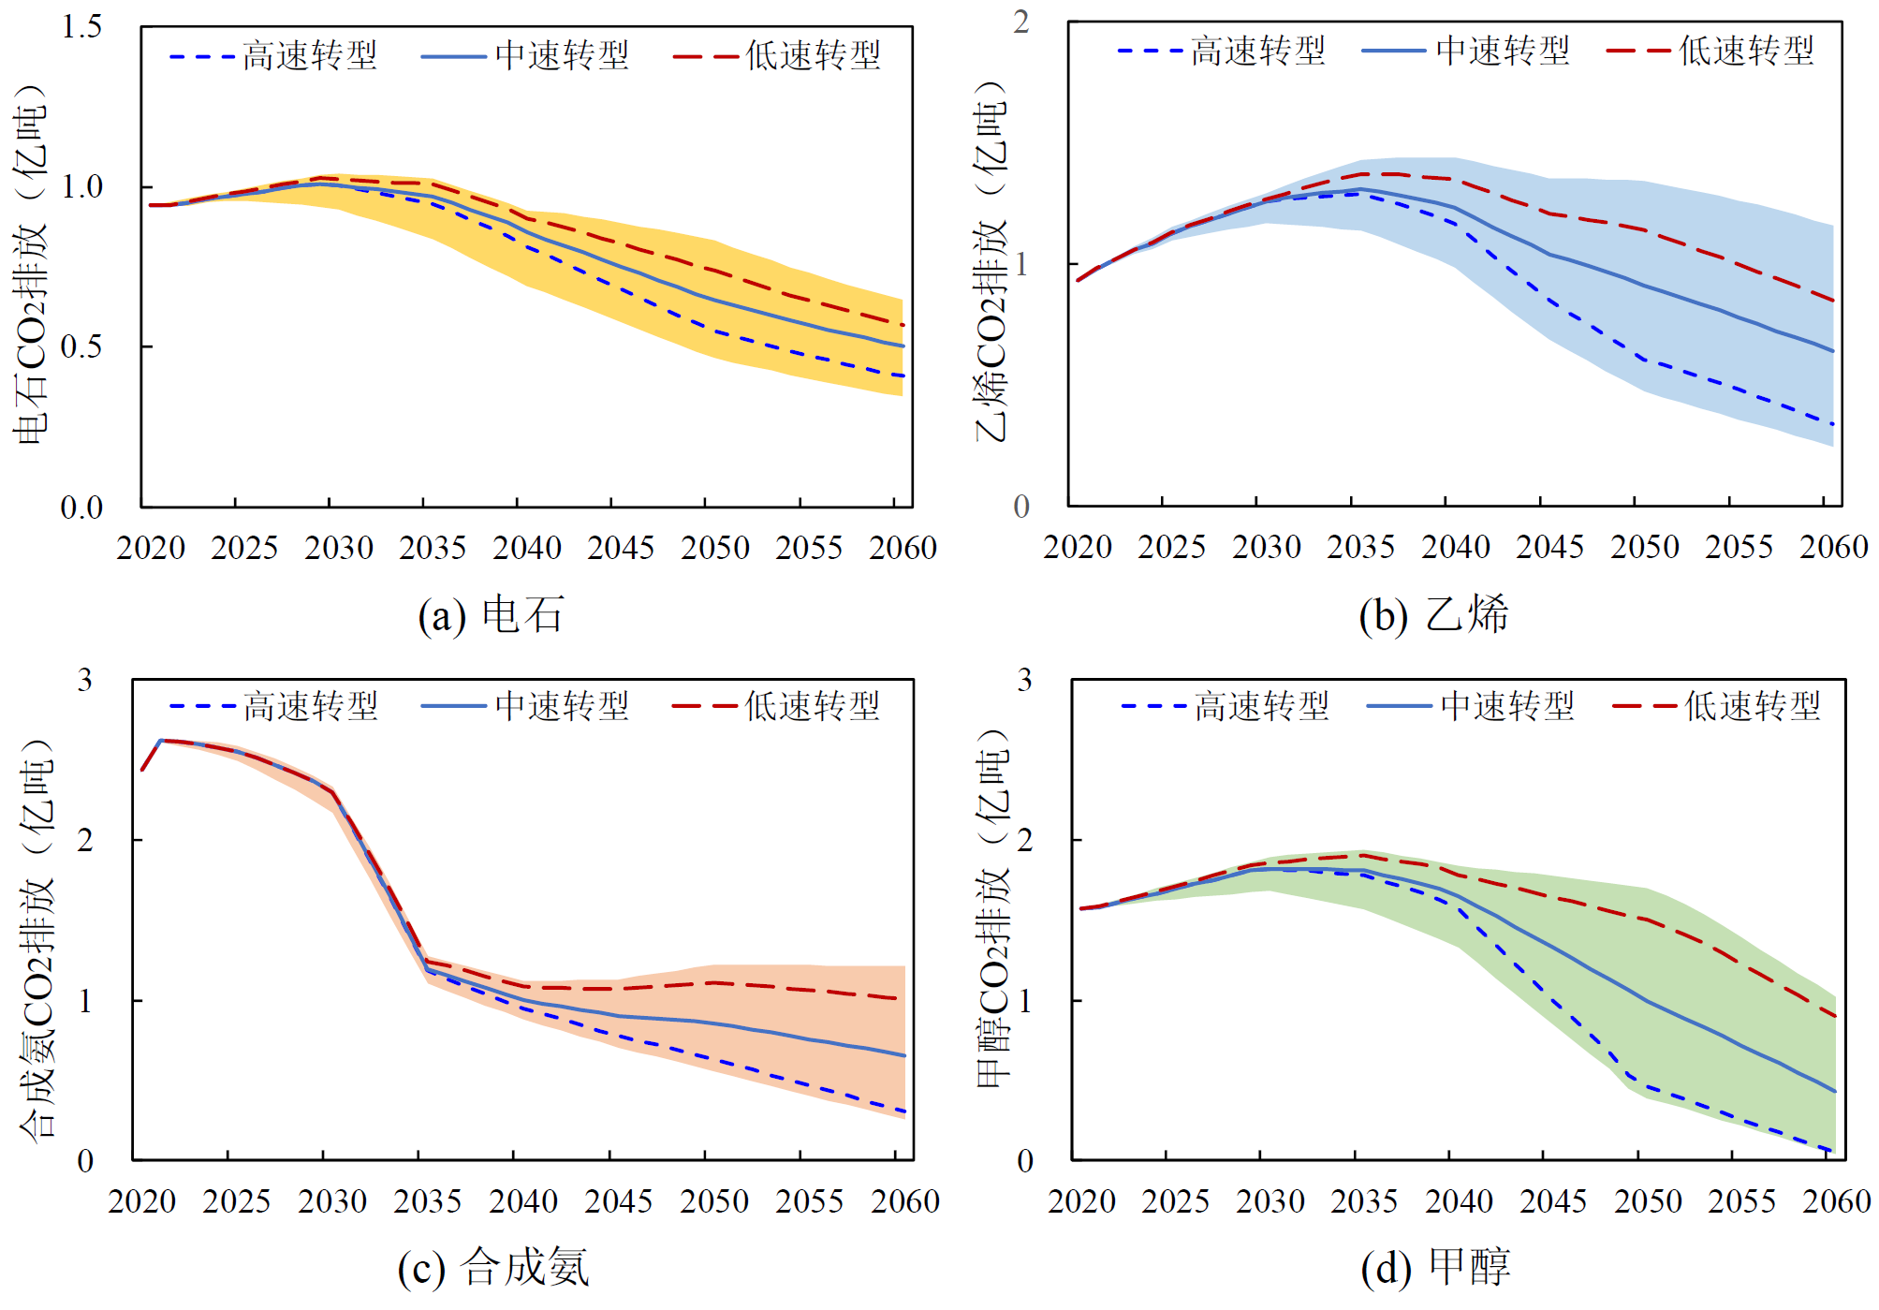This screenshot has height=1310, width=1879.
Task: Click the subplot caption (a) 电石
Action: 491,615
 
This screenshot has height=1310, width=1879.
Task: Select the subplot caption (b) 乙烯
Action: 1433,615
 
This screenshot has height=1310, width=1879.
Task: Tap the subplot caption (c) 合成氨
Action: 493,1268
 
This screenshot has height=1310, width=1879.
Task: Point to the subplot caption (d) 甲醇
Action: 1435,1268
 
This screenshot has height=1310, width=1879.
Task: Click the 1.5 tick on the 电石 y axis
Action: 82,27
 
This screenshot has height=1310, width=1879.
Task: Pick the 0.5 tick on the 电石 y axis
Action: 82,347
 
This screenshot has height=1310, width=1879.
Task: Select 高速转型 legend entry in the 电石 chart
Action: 273,56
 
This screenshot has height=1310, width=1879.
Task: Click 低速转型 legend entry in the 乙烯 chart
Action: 1710,51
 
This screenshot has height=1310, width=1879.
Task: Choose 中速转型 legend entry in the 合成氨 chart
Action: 525,706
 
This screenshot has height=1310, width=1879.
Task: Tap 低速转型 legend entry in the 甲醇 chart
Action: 1716,706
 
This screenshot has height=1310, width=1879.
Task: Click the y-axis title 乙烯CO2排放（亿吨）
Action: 991,262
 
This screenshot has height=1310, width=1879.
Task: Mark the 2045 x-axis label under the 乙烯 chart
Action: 1549,547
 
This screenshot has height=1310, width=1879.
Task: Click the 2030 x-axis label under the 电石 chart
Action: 339,548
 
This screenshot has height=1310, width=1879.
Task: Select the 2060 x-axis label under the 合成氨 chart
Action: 904,1201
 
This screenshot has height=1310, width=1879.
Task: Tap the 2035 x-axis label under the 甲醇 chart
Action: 1364,1201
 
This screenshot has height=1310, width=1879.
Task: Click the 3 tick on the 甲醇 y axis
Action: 1025,681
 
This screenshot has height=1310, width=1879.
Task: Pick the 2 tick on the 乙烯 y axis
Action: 1021,22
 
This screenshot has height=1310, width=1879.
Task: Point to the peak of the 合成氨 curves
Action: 161,741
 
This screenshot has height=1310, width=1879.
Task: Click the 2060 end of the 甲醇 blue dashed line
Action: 1831,1150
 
